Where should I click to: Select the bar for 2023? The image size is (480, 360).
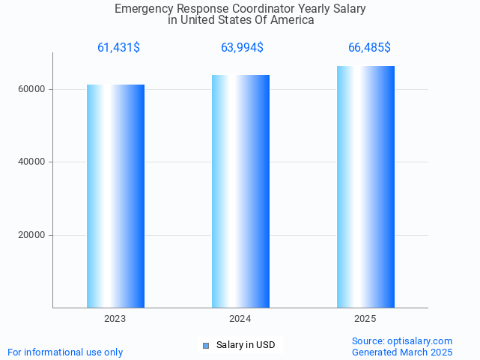pyautogui.click(x=115, y=196)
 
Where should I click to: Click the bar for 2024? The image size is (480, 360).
pyautogui.click(x=240, y=191)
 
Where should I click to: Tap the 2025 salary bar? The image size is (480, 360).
pyautogui.click(x=365, y=186)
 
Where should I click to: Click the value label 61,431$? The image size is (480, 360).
pyautogui.click(x=118, y=48)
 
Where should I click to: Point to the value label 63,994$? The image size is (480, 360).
pyautogui.click(x=242, y=48)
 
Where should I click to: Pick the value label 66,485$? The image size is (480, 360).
pyautogui.click(x=369, y=48)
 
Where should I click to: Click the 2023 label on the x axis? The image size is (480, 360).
pyautogui.click(x=115, y=319)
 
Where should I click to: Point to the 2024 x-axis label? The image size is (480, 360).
pyautogui.click(x=240, y=319)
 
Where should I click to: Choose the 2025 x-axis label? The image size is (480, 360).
pyautogui.click(x=365, y=319)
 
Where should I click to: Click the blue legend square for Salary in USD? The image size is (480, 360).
pyautogui.click(x=207, y=345)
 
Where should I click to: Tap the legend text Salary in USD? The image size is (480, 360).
pyautogui.click(x=246, y=345)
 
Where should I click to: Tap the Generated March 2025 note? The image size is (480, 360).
pyautogui.click(x=402, y=352)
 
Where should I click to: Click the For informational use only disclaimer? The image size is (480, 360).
pyautogui.click(x=65, y=352)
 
